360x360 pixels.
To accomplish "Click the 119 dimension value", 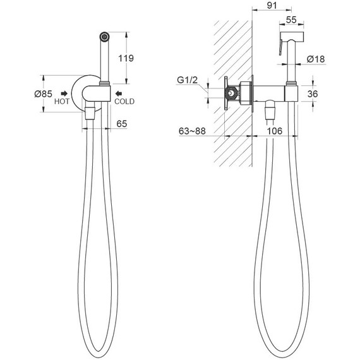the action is tap(126, 58).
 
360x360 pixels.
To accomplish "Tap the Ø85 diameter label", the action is tap(44, 93).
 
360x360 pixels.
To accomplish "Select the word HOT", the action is tap(62, 101).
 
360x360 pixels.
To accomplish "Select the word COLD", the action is tap(124, 101).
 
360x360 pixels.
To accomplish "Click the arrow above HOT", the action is tap(64, 93).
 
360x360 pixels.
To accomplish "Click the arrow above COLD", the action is tap(119, 93).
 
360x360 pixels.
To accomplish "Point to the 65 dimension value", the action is tap(122, 124).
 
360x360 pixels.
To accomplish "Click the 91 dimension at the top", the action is tap(272, 5).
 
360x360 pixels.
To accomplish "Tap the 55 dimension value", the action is tap(291, 20).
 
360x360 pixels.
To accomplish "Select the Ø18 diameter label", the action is tap(316, 59).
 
